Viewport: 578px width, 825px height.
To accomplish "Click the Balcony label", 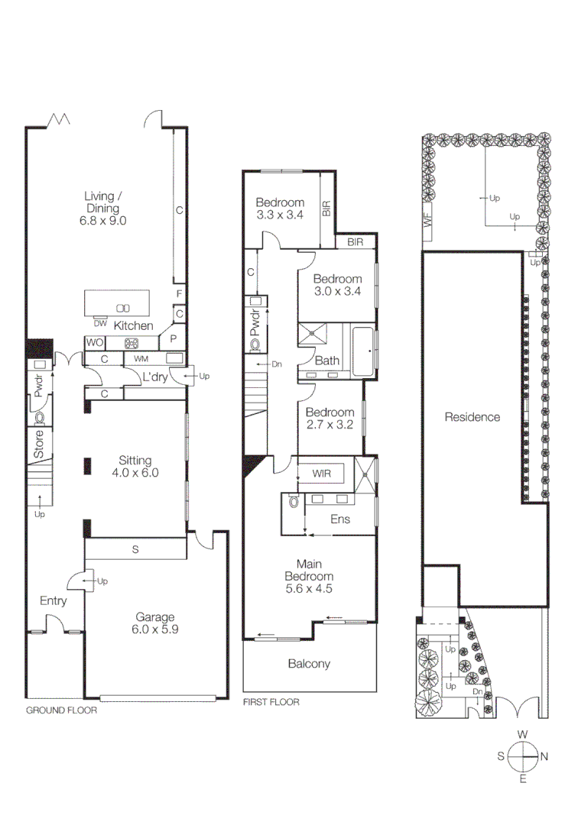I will (309, 663).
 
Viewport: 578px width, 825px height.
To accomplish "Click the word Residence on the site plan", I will (472, 417).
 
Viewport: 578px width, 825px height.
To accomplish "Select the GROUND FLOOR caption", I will (62, 710).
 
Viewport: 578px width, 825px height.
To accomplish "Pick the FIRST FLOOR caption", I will (271, 702).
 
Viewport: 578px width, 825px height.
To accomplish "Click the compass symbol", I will (523, 756).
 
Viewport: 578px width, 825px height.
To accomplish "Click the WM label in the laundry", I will (141, 358).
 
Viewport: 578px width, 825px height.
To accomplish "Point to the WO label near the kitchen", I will (95, 342).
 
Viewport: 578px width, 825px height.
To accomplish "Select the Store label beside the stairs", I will (37, 445).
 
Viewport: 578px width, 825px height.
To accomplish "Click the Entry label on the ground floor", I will (54, 601).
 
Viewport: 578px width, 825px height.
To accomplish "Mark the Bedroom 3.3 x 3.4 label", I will (280, 209).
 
